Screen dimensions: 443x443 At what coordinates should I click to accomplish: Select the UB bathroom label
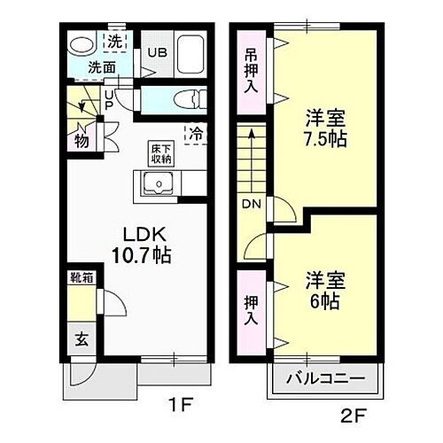point(157,51)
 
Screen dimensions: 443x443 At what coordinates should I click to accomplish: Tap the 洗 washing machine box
point(114,41)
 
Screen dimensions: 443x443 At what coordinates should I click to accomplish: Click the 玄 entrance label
point(80,337)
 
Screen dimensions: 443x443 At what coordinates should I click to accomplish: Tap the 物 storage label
point(81,139)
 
